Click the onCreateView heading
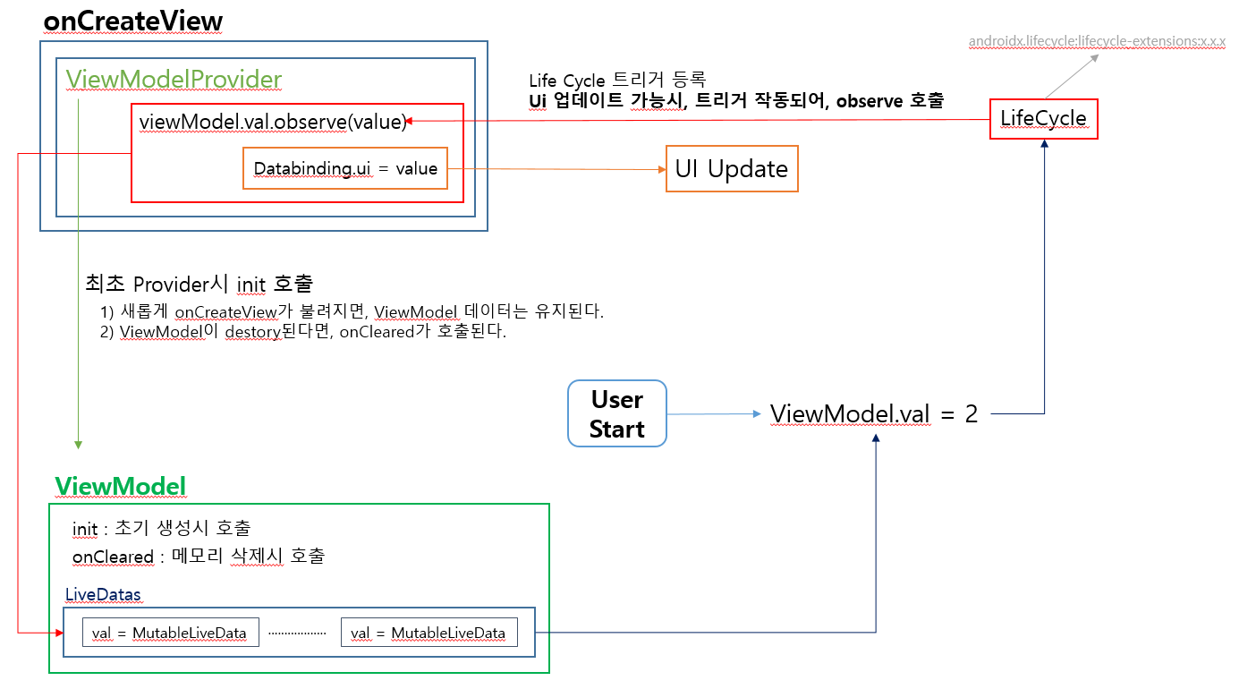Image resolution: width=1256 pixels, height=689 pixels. tap(132, 21)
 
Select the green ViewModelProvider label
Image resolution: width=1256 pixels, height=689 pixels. tap(174, 80)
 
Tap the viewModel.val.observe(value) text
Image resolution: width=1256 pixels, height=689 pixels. tap(273, 122)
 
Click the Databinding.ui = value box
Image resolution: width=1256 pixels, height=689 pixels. tap(345, 168)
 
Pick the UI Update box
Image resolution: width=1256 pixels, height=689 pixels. tap(731, 169)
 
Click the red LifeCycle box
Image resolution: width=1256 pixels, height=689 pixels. tap(1043, 118)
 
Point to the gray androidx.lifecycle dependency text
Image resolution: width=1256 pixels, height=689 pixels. tap(1097, 41)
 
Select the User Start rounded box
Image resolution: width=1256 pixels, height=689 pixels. tap(617, 413)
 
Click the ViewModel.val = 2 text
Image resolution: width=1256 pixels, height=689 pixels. tap(874, 413)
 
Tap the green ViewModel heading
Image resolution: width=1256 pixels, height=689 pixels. tap(120, 486)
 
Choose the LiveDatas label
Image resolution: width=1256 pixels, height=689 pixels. tap(103, 594)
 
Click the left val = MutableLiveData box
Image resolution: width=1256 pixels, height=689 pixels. tap(169, 633)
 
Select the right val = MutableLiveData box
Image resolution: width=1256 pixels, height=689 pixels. tap(429, 633)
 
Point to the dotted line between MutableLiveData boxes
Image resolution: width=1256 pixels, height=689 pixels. tap(297, 633)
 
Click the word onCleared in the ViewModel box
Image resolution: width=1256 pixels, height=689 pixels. tap(113, 557)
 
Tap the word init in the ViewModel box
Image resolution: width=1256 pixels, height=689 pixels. tap(85, 529)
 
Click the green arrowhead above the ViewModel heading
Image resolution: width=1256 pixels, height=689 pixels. tap(79, 445)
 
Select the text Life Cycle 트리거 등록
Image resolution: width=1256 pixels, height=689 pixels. tap(618, 81)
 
